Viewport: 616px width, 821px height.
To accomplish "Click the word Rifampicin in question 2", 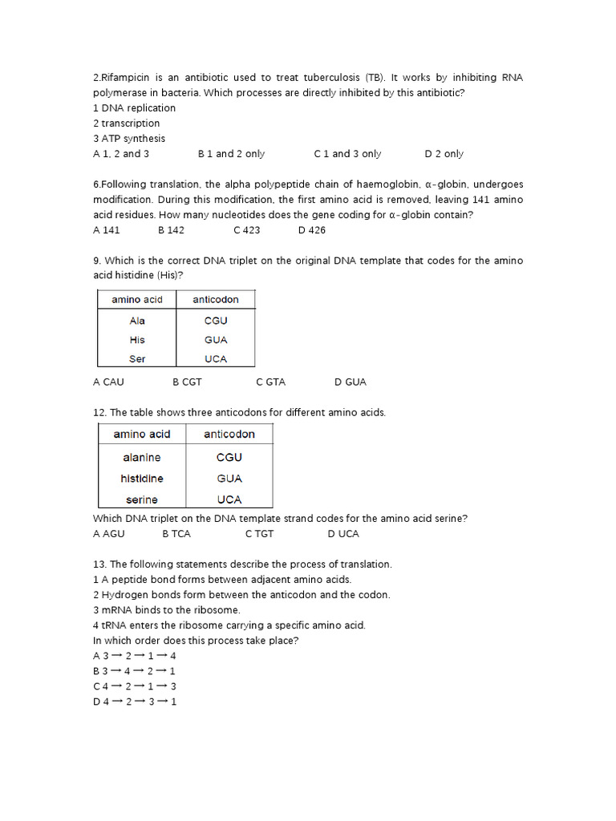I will [127, 78].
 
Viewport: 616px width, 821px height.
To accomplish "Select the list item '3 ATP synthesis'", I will [129, 139].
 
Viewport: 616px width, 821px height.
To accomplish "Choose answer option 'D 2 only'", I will [444, 154].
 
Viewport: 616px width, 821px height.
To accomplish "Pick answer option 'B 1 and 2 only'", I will [231, 154].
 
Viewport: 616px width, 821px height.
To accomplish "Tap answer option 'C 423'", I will [247, 230].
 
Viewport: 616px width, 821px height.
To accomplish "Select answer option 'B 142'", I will [171, 230].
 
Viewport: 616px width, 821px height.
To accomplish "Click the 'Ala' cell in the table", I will [137, 321].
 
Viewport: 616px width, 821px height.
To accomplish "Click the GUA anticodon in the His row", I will [216, 340].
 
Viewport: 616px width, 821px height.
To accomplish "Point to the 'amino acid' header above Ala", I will [137, 300].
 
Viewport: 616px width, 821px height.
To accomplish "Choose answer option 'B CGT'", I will [187, 382].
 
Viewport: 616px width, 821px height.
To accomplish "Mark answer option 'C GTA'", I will [270, 382].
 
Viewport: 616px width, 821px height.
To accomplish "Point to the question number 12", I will [99, 413].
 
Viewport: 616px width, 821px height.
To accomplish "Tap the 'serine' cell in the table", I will [141, 499].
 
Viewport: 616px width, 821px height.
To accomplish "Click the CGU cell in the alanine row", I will [229, 458].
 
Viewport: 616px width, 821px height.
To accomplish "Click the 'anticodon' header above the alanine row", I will [229, 435].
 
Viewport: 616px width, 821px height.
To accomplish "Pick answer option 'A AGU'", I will [109, 534].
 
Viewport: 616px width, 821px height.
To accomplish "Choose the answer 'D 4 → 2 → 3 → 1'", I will [135, 702].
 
